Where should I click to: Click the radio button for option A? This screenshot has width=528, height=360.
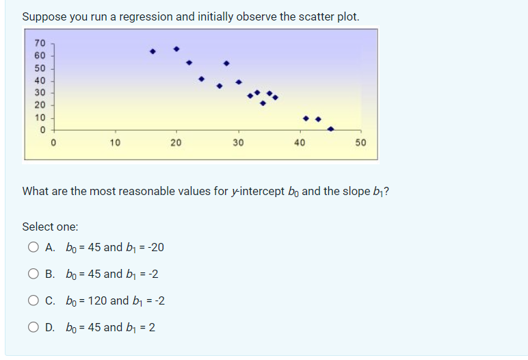34,248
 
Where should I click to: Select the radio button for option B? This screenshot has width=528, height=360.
34,274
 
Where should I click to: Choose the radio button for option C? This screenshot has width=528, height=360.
34,301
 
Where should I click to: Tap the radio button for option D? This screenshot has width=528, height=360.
34,328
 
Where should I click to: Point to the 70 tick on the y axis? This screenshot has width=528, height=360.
40,43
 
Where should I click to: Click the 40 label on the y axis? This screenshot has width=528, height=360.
40,80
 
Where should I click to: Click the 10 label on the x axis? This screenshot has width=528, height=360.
114,142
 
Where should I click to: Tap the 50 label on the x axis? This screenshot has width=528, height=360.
361,142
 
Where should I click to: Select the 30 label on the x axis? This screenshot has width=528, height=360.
237,142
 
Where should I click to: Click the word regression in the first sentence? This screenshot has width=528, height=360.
145,16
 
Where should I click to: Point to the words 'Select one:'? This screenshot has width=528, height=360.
50,226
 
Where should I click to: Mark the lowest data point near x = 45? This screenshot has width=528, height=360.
331,129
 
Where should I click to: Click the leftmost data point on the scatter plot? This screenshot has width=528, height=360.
153,51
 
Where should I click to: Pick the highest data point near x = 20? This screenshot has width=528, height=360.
176,49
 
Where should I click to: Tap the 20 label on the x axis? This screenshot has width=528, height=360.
176,142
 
